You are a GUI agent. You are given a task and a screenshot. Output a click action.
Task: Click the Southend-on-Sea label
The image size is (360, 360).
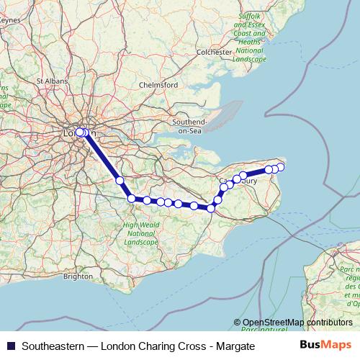[x=189, y=126]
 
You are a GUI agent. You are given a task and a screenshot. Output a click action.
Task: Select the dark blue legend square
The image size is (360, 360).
[x=9, y=346]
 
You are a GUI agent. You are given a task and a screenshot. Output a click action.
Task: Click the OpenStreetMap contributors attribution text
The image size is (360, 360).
[x=297, y=323]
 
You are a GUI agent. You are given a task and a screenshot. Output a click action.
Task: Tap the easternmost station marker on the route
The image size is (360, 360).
[x=281, y=167]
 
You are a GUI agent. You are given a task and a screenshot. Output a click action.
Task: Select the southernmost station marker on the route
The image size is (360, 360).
[x=211, y=208]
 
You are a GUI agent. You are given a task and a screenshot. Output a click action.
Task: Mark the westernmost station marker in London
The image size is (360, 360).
[x=79, y=132]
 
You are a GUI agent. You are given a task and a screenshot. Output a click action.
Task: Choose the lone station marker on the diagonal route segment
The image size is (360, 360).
[x=120, y=181]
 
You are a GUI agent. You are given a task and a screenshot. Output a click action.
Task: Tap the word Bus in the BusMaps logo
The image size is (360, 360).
[x=311, y=346]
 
